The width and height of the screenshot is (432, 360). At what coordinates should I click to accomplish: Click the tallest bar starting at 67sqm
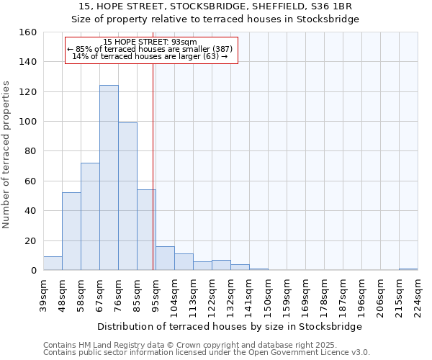[109, 178]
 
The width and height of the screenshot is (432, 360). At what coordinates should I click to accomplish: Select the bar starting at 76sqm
[127, 197]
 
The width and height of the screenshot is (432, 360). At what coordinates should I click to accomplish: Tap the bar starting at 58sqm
[90, 217]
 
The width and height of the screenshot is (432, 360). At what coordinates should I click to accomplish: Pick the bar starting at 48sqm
[71, 231]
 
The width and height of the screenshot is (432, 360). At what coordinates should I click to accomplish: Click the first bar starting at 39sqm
[53, 264]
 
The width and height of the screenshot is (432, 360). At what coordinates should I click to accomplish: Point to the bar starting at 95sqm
[165, 258]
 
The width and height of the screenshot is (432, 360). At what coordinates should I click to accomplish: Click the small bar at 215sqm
[408, 269]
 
